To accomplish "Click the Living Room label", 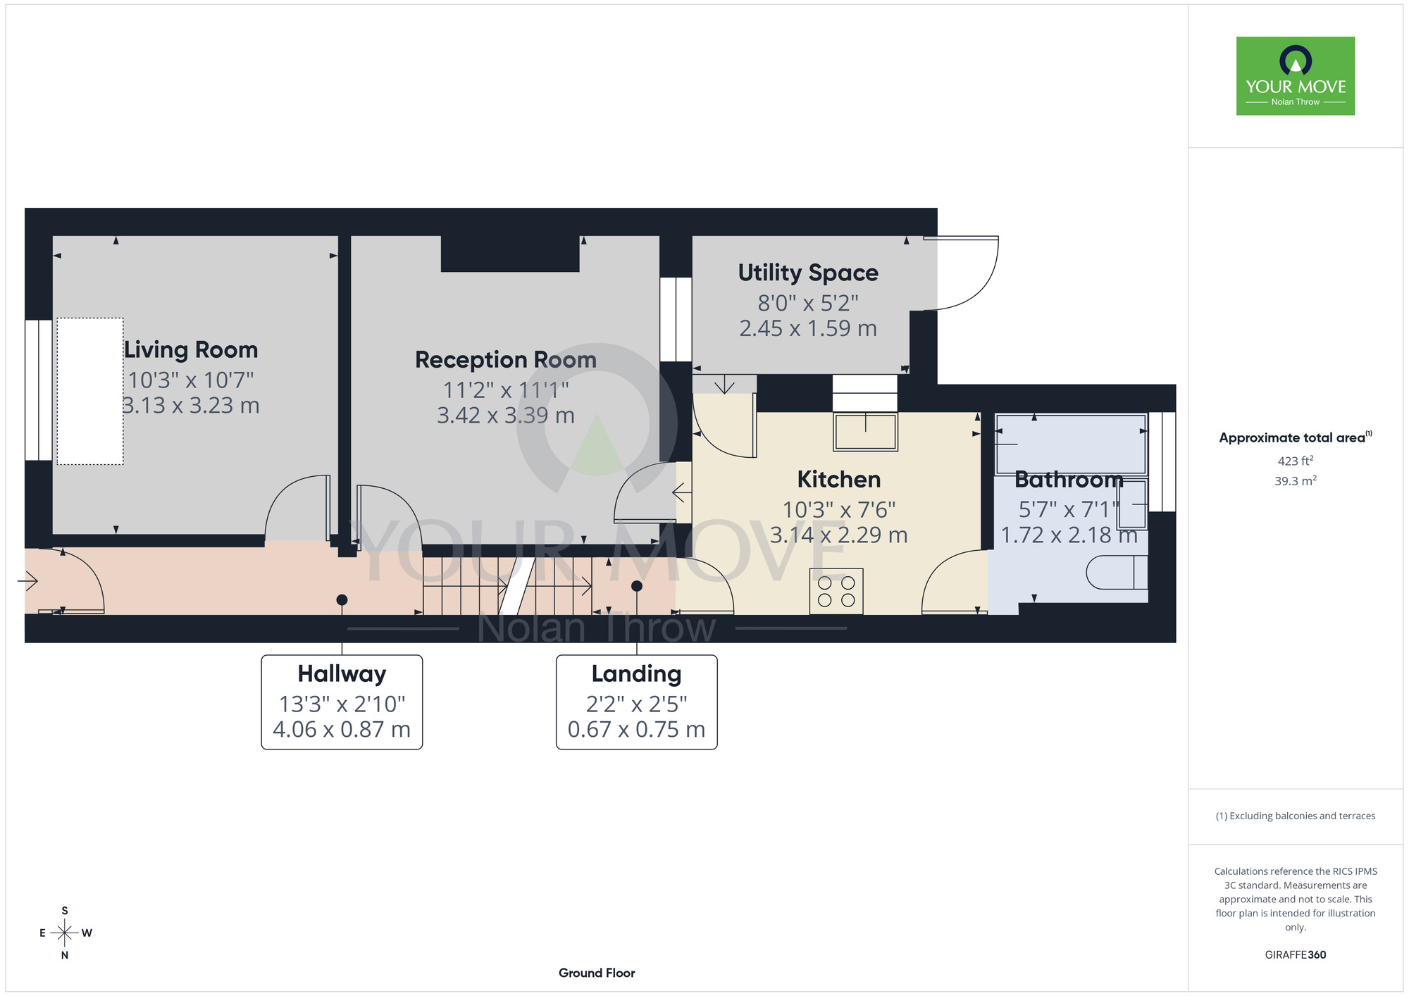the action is (191, 350).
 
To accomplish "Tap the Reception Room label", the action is (506, 360).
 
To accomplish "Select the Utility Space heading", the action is (808, 273).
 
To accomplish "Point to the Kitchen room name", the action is (839, 480).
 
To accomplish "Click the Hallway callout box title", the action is (342, 674).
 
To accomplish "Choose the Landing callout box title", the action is (636, 674).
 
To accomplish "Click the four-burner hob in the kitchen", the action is (836, 592).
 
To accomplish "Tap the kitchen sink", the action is (866, 431).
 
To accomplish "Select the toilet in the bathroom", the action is (1117, 572).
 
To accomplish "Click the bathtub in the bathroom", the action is (1071, 444).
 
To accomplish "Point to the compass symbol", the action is (65, 933).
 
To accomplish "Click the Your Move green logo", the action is (1296, 76).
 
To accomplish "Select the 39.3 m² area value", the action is (1296, 481).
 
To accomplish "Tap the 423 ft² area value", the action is (1296, 461).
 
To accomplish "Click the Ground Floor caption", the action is (597, 973).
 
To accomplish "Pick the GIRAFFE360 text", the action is (1296, 955).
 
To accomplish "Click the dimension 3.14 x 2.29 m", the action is (839, 535).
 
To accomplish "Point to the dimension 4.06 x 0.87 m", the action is (342, 730).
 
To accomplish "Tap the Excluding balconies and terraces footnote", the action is (1296, 816).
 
